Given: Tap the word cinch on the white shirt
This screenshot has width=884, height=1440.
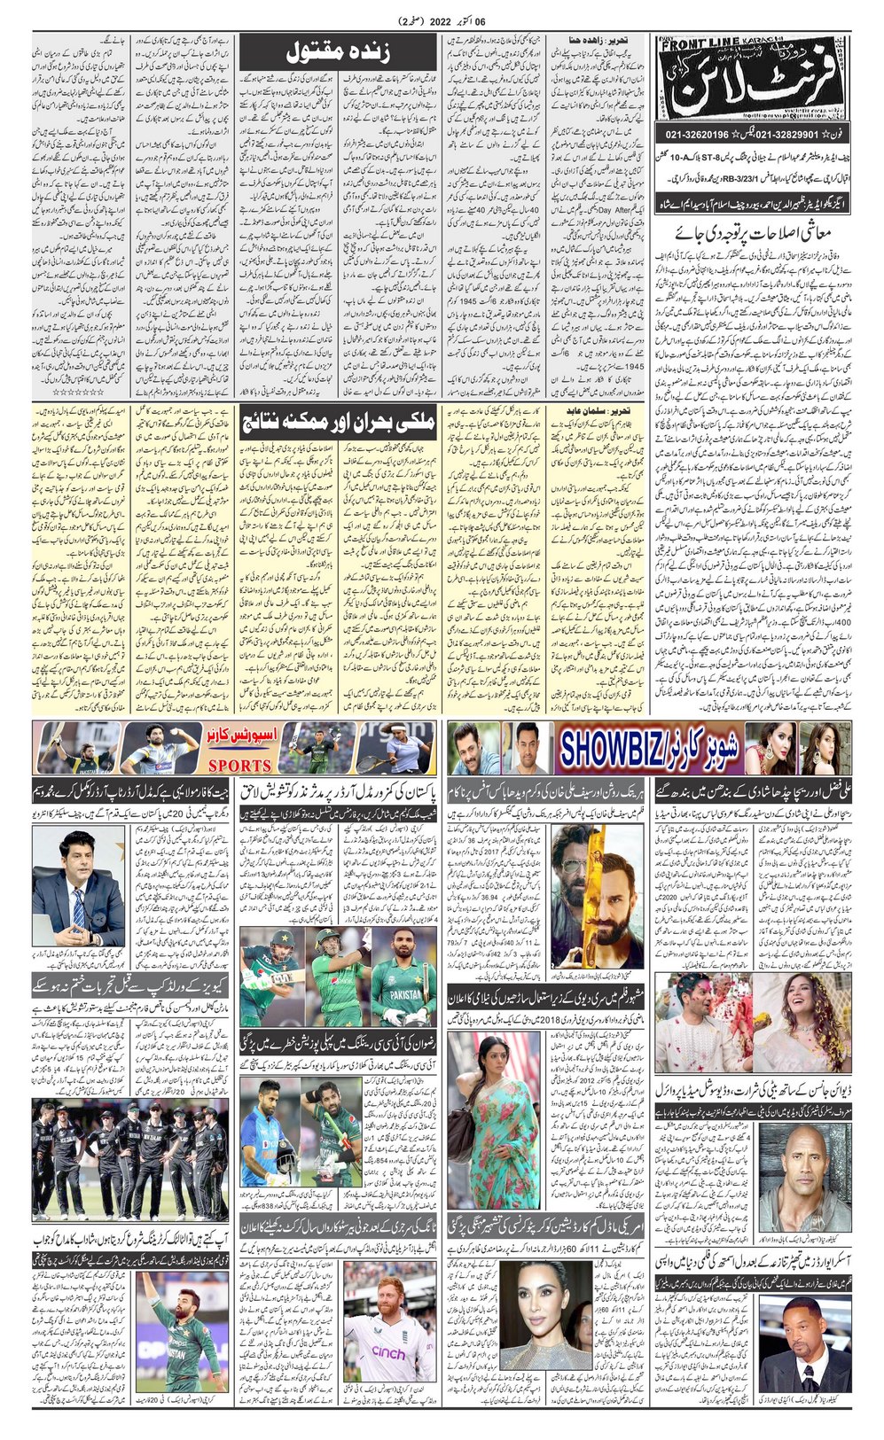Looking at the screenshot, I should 388,1353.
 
